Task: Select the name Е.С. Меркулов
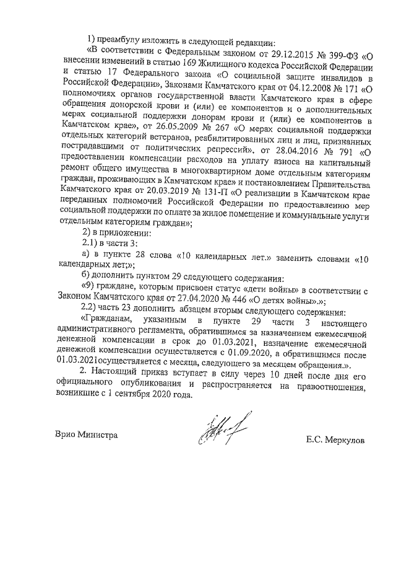[x=335, y=440]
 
